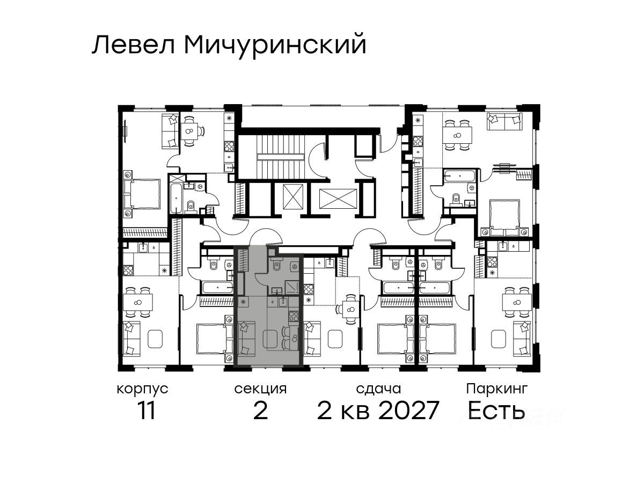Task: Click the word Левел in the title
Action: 134,45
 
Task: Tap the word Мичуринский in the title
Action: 275,47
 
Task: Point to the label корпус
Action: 143,390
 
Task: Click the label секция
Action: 260,390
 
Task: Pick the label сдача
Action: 378,390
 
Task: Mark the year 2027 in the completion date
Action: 409,410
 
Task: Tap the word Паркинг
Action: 497,390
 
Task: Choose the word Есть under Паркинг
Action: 496,410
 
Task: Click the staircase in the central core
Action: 281,157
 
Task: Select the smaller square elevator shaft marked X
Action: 292,196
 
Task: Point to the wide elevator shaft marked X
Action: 338,199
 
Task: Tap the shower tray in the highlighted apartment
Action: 292,287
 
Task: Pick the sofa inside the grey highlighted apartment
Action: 246,338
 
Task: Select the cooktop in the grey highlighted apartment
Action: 294,316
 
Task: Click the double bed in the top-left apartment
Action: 142,194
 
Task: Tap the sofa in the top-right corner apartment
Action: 504,121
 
